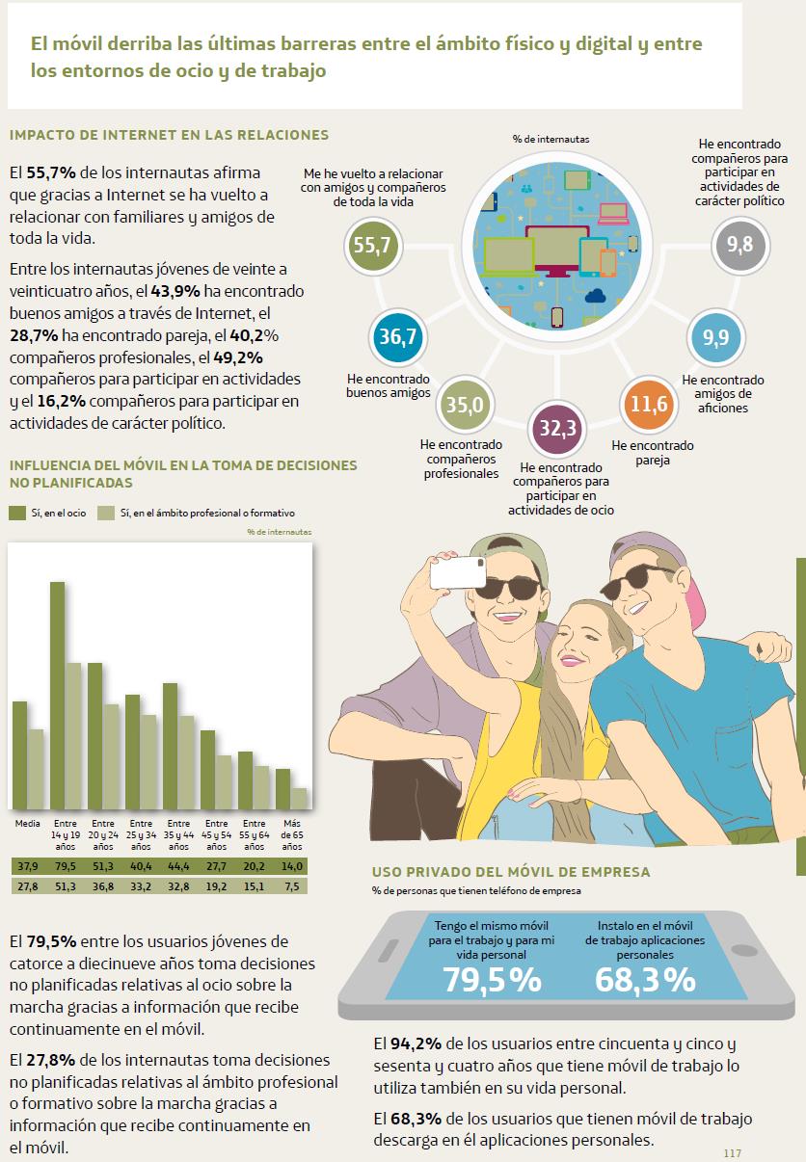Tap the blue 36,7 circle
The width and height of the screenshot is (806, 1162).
(397, 337)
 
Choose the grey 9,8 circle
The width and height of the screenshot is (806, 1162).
(740, 245)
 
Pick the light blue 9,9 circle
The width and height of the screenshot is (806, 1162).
(715, 337)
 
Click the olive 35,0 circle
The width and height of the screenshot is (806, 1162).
(464, 405)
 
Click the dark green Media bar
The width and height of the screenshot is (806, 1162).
(19, 756)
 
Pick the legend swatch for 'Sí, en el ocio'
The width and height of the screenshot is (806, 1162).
(17, 513)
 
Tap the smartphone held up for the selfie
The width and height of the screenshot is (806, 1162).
(458, 572)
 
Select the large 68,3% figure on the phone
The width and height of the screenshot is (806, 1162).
(645, 980)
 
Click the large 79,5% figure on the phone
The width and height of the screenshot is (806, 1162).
(492, 980)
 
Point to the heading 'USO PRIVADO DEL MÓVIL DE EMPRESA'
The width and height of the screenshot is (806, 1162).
(511, 872)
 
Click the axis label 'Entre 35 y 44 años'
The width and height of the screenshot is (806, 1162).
(178, 835)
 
